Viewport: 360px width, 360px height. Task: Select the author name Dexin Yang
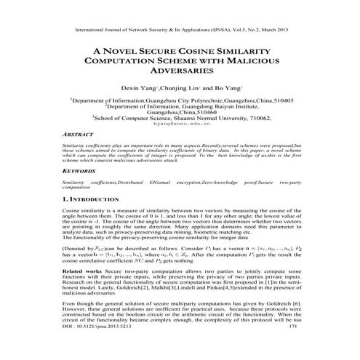[144, 89]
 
